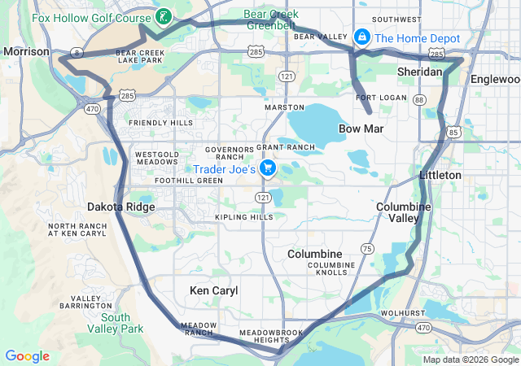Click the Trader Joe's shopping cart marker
coord(268,168)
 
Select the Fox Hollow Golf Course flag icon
coord(164,17)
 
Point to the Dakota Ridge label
coord(121,207)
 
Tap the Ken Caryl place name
coord(213,290)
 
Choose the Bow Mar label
coord(361,129)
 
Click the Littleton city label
coord(440,175)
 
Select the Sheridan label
coord(419,72)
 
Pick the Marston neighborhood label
coord(284,107)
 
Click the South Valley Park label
coord(116,323)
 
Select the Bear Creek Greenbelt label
coord(271,20)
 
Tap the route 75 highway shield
coord(367,248)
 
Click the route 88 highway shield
coord(418,99)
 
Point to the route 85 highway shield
coord(453,129)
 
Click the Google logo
coord(28,356)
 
